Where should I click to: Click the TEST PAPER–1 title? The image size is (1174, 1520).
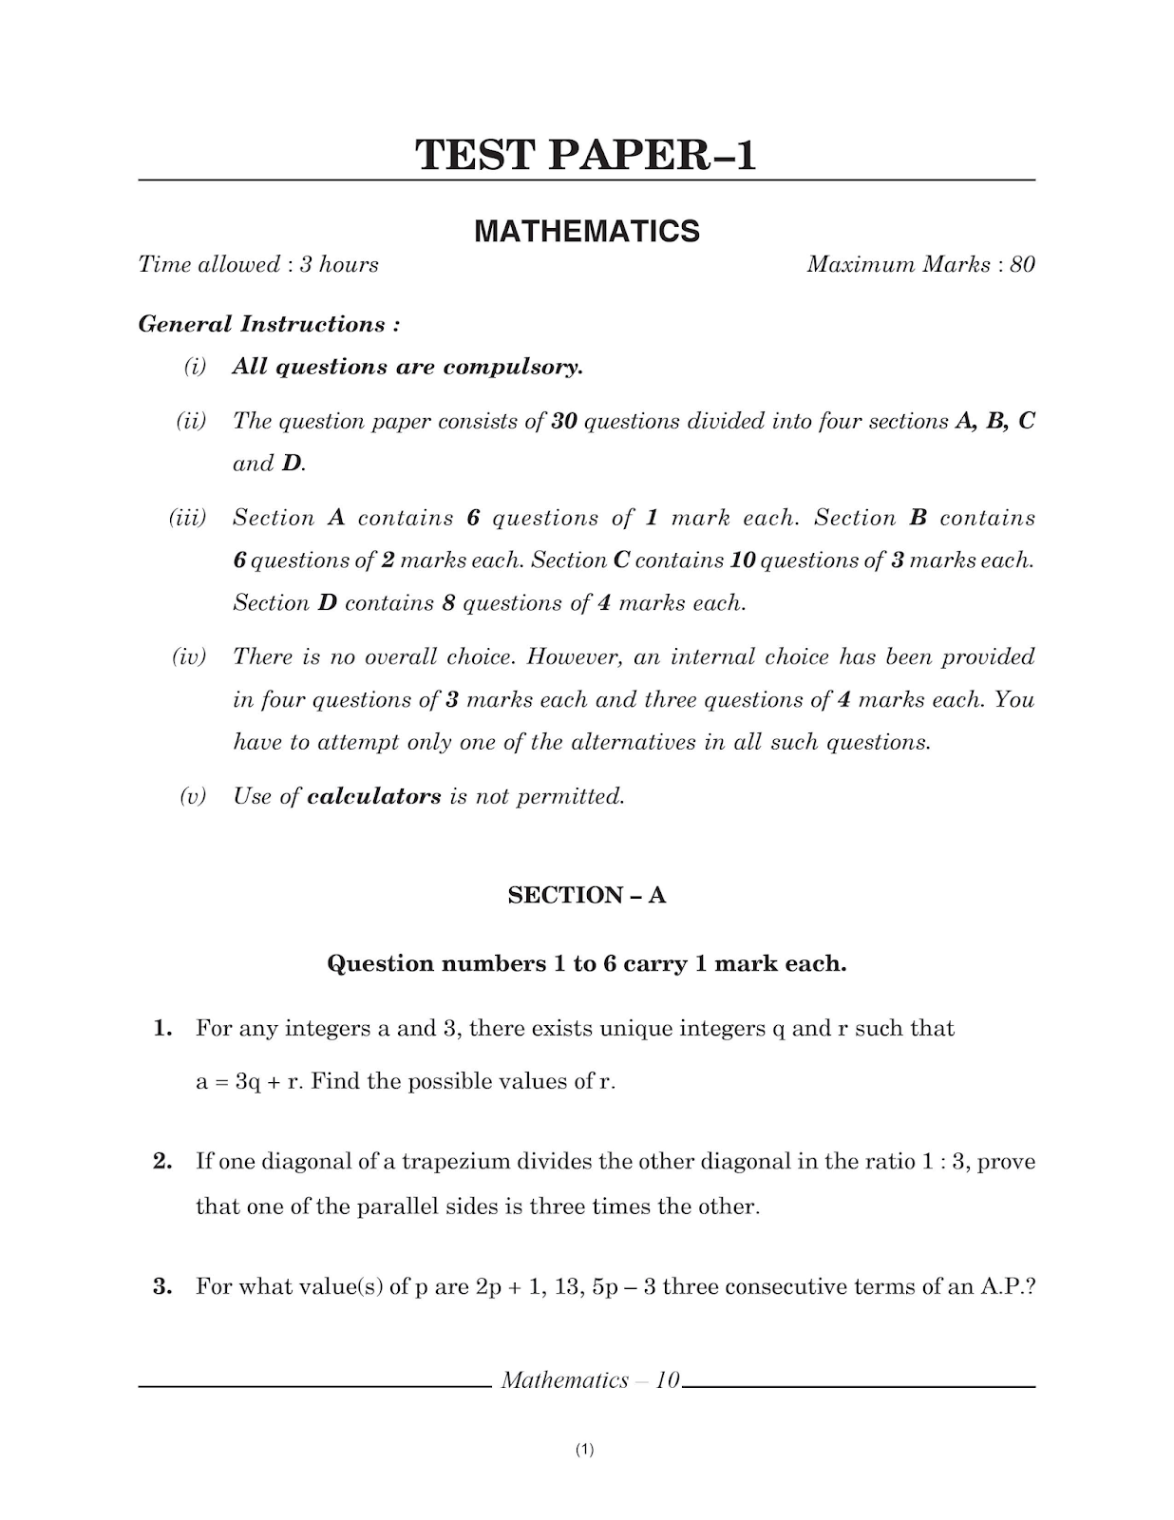tap(586, 155)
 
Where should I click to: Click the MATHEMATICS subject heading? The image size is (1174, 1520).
tap(586, 231)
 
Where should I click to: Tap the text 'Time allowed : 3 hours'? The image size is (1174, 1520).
tap(258, 264)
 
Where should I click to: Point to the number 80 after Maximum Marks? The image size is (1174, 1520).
tap(1022, 264)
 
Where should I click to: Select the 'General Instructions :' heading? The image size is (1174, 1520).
tap(269, 324)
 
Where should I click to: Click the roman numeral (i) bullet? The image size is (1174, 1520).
tap(195, 367)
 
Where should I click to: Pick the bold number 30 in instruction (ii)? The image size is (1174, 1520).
tap(564, 421)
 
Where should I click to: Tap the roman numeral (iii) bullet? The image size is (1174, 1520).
tap(187, 518)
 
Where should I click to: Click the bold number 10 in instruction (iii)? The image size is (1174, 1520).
tap(743, 560)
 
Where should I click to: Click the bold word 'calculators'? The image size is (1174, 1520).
tap(374, 796)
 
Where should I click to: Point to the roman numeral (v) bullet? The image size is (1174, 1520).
tap(193, 796)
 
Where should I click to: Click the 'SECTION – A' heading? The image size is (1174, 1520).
tap(586, 895)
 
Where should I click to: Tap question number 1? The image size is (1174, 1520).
tap(162, 1028)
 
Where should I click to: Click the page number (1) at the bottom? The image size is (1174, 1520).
tap(585, 1450)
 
